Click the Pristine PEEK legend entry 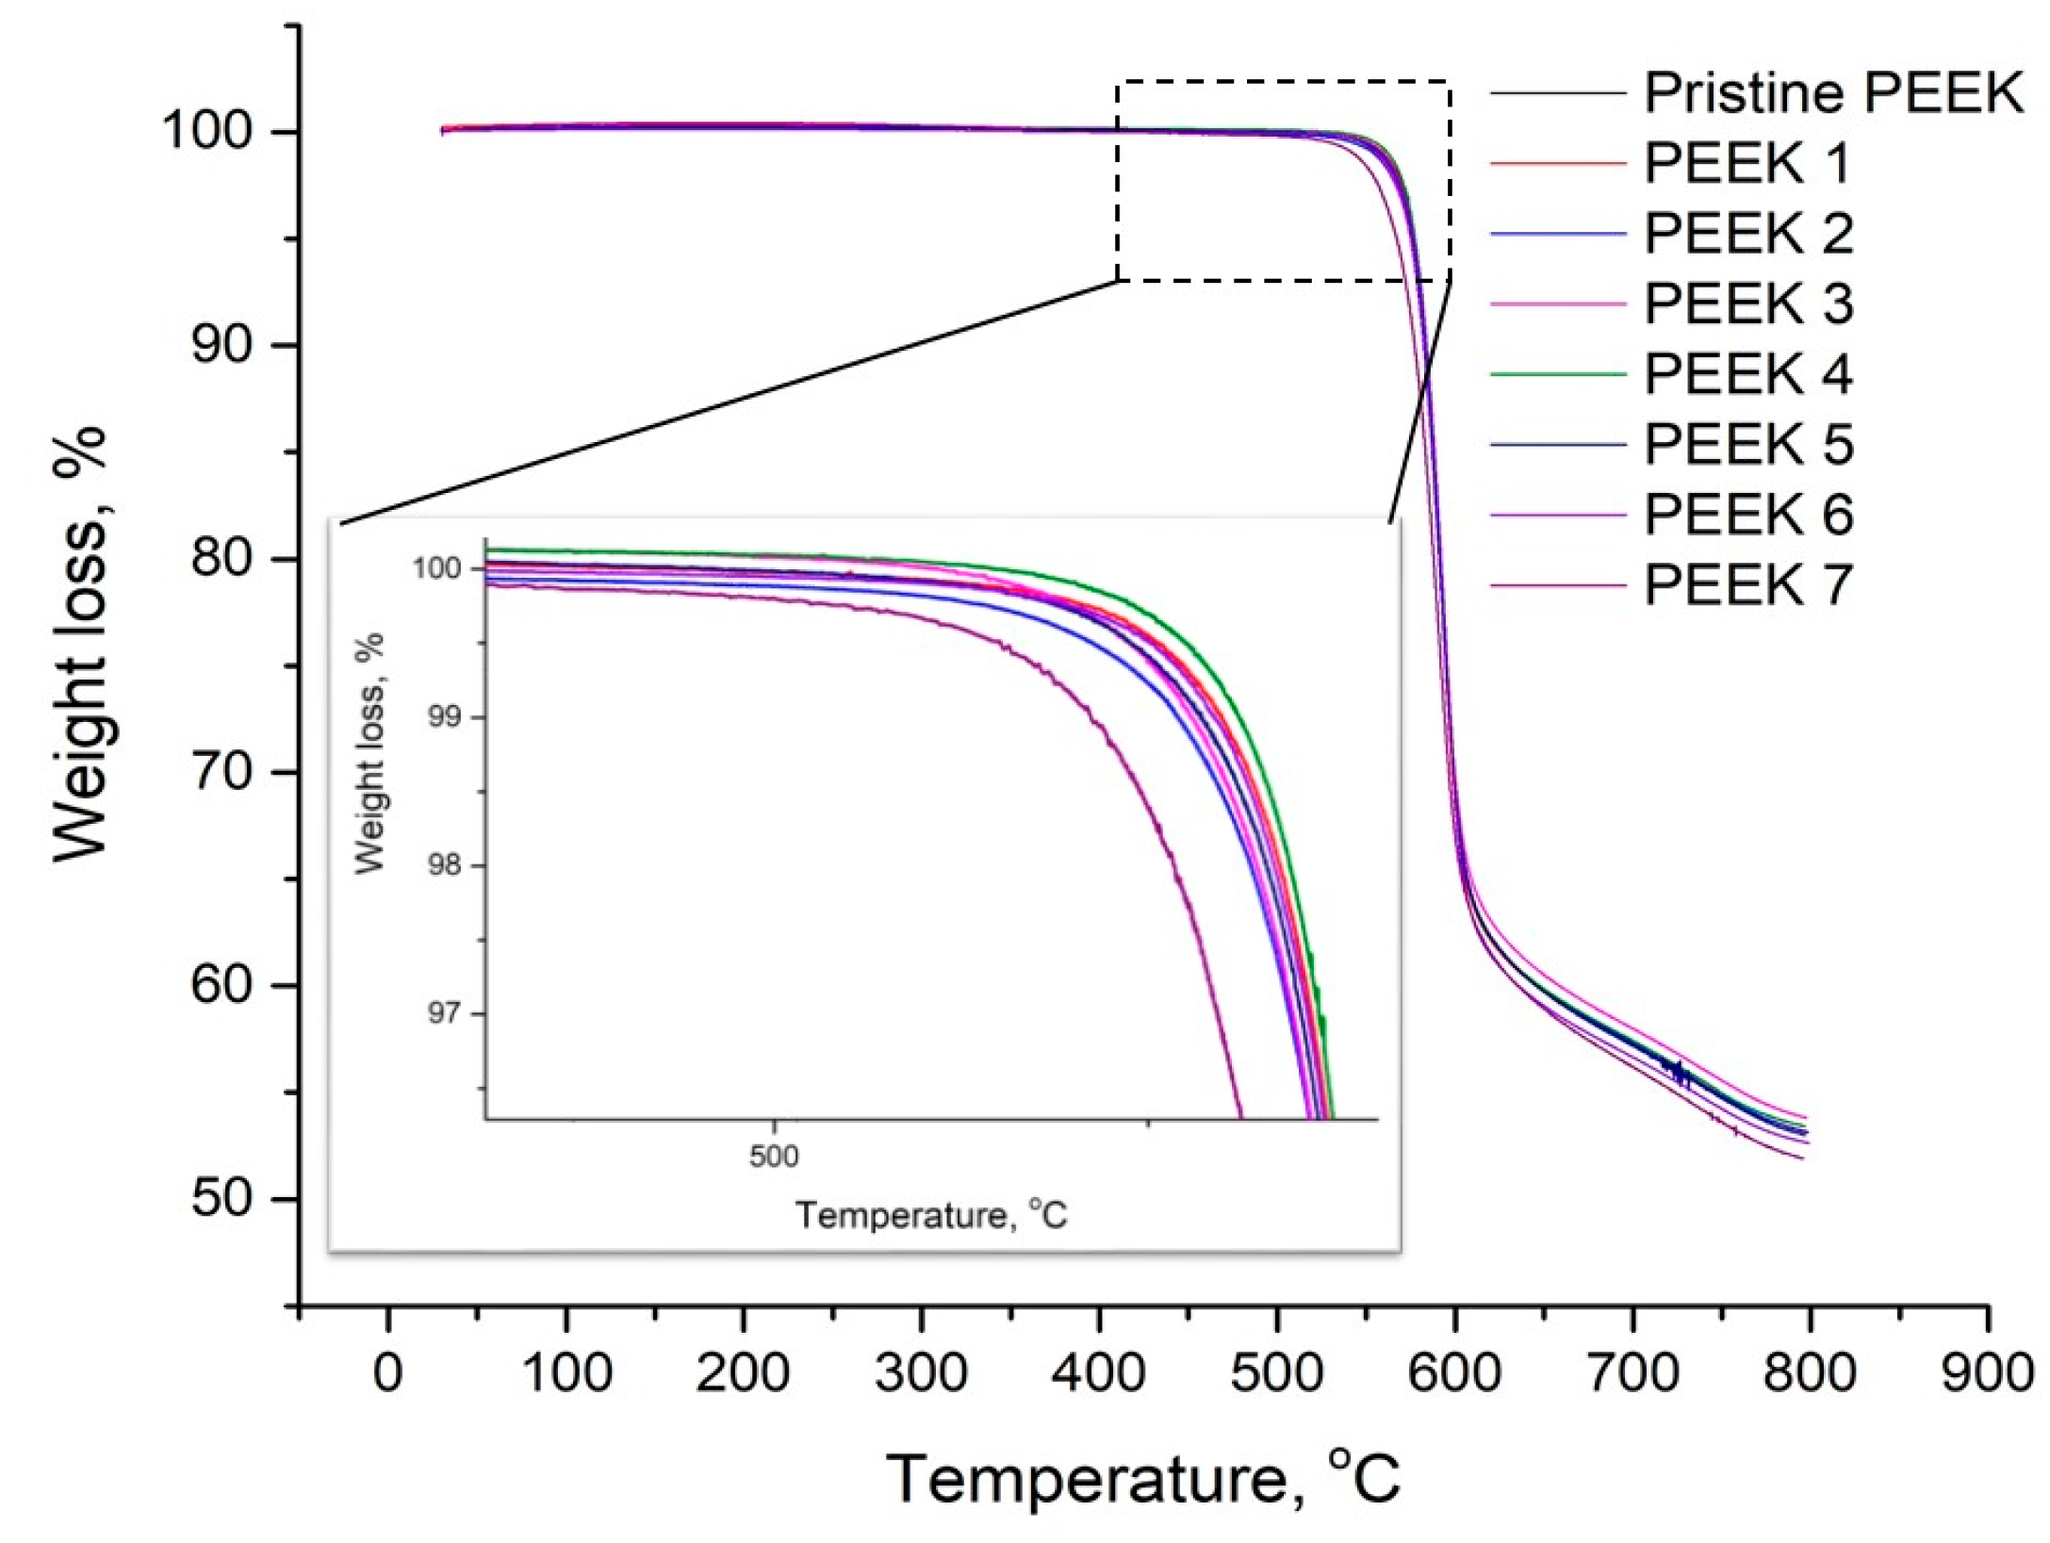tap(1832, 92)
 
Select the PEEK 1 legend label tap(1747, 163)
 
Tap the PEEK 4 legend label tap(1747, 374)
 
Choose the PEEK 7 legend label tap(1747, 585)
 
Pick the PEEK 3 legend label tap(1747, 304)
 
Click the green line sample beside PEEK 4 tap(1557, 374)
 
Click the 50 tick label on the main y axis tap(221, 1198)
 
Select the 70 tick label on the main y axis tap(221, 772)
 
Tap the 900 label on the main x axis tap(1987, 1372)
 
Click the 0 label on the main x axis tap(388, 1372)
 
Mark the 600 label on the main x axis tap(1454, 1372)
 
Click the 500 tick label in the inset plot tap(774, 1156)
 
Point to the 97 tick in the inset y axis tap(444, 1013)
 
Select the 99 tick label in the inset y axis tap(444, 716)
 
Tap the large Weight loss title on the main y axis tap(80, 643)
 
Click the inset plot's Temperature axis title tap(930, 1215)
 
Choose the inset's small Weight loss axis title tap(369, 753)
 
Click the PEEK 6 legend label tap(1747, 515)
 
